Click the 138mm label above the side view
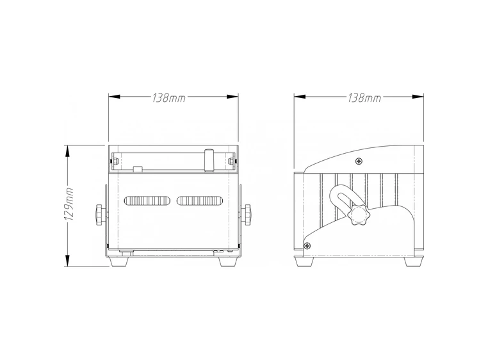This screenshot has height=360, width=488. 363,98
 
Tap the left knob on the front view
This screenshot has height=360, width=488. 99,213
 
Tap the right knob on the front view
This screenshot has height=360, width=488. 247,213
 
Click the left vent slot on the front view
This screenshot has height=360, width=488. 147,201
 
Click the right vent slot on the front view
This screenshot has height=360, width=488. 200,201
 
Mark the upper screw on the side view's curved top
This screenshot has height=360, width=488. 360,161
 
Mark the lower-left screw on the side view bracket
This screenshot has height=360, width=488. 307,245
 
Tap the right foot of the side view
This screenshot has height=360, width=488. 412,261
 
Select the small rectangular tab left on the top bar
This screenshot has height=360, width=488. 136,170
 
